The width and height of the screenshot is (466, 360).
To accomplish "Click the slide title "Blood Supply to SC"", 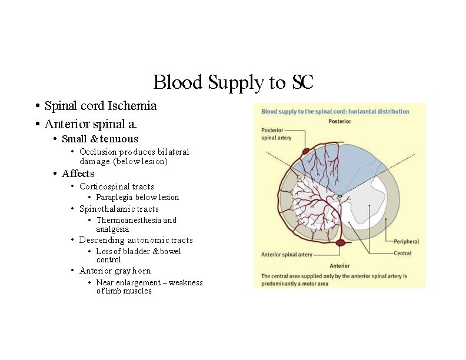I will [233, 82].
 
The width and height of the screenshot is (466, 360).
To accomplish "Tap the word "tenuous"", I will [119, 139].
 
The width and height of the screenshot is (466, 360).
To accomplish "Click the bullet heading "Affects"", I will [78, 174].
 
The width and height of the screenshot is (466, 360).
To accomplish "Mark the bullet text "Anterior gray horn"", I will [115, 271].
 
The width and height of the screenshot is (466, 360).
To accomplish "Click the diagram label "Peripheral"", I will [406, 241].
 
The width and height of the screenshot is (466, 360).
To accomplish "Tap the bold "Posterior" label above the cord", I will [339, 121].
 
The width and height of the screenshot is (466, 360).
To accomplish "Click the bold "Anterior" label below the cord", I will [339, 266].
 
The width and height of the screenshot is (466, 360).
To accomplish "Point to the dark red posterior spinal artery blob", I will [305, 152].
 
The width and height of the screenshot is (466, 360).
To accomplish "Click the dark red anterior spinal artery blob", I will [340, 242].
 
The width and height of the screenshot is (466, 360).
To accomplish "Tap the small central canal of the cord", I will [339, 195].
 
